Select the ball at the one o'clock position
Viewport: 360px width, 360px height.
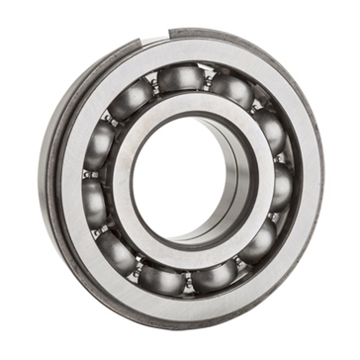[233, 91]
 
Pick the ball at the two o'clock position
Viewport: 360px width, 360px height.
[269, 130]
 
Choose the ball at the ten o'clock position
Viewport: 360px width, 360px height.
[102, 139]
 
